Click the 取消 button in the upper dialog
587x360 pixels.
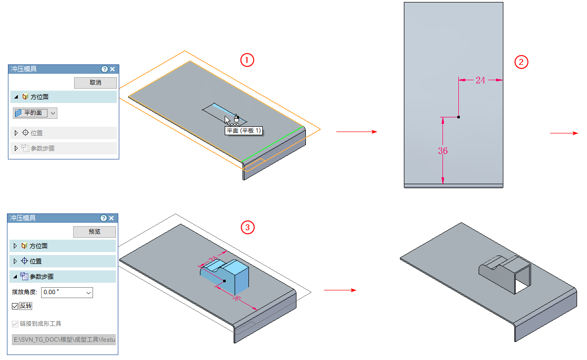point(96,83)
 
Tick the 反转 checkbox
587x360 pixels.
point(15,307)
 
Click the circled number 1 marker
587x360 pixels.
point(247,60)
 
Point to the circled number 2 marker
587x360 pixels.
point(522,62)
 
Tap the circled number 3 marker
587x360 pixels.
point(247,227)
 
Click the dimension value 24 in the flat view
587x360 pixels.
point(480,80)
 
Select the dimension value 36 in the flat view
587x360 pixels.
point(443,151)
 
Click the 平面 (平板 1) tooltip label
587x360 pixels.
point(244,131)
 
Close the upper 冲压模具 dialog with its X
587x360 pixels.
point(112,69)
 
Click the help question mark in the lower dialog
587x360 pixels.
point(103,218)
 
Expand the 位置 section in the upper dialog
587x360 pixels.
point(36,133)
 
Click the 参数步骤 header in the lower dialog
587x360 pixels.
point(42,277)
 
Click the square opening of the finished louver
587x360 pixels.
point(522,277)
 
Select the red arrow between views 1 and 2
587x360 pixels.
point(356,132)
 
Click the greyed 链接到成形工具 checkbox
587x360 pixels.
point(15,324)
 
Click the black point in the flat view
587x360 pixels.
point(459,117)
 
